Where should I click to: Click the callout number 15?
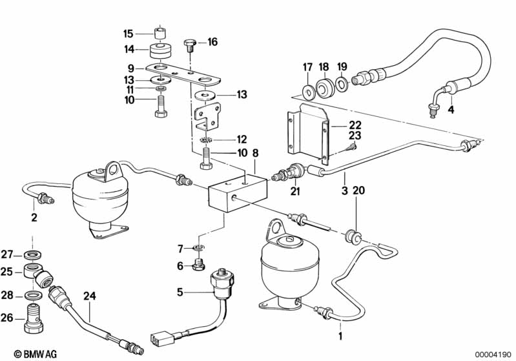click(128, 34)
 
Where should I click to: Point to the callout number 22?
click(355, 125)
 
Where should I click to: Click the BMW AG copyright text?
click(36, 354)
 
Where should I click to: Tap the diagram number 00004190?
click(493, 355)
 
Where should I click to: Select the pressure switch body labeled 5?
click(223, 282)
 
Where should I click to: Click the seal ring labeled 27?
click(33, 254)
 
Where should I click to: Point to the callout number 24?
click(89, 296)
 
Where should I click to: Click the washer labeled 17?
click(309, 91)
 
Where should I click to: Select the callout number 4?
click(451, 110)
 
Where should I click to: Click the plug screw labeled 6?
click(198, 265)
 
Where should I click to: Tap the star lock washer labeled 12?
click(206, 139)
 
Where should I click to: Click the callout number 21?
click(295, 191)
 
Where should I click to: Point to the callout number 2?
click(34, 218)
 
